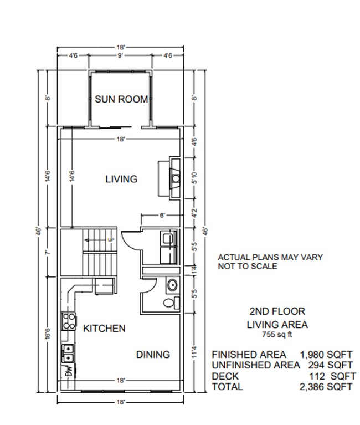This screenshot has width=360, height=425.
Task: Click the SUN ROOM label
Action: (x=121, y=99)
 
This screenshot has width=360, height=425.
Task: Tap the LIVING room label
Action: (x=121, y=179)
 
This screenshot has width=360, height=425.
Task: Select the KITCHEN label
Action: (x=104, y=329)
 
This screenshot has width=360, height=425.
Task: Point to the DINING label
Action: (x=153, y=355)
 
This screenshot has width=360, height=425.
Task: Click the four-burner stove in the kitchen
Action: (x=69, y=321)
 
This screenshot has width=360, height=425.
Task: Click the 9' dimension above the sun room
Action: (x=120, y=55)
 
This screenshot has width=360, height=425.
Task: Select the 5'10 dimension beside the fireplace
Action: (x=193, y=178)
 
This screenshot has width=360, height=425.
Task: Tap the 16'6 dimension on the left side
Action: (x=48, y=335)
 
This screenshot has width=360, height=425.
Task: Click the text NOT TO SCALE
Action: (x=247, y=267)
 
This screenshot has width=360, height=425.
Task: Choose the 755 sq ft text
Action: (x=276, y=335)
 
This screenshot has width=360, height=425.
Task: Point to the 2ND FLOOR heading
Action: (x=277, y=311)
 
